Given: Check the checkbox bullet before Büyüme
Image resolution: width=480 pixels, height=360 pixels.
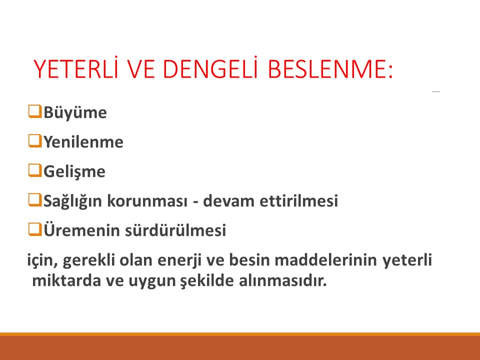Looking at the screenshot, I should tap(34, 111).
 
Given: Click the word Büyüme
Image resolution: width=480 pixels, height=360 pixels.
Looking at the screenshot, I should tap(75, 113).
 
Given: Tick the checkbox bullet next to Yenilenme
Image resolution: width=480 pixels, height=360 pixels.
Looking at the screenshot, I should tap(34, 141).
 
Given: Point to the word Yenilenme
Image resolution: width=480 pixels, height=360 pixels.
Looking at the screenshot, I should tap(83, 142).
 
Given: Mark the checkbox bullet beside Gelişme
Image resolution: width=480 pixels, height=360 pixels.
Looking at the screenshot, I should tap(34, 171).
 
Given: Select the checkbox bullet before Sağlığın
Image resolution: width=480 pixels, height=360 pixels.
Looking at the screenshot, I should tap(34, 201).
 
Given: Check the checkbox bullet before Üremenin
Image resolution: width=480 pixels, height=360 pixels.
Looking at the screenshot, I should tap(34, 230).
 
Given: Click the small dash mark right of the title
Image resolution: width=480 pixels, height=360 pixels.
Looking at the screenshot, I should tap(436, 92).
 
